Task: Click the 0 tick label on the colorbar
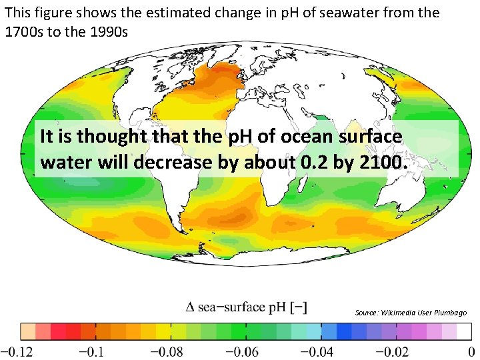[x=471, y=351]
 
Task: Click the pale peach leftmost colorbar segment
[x=27, y=331]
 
